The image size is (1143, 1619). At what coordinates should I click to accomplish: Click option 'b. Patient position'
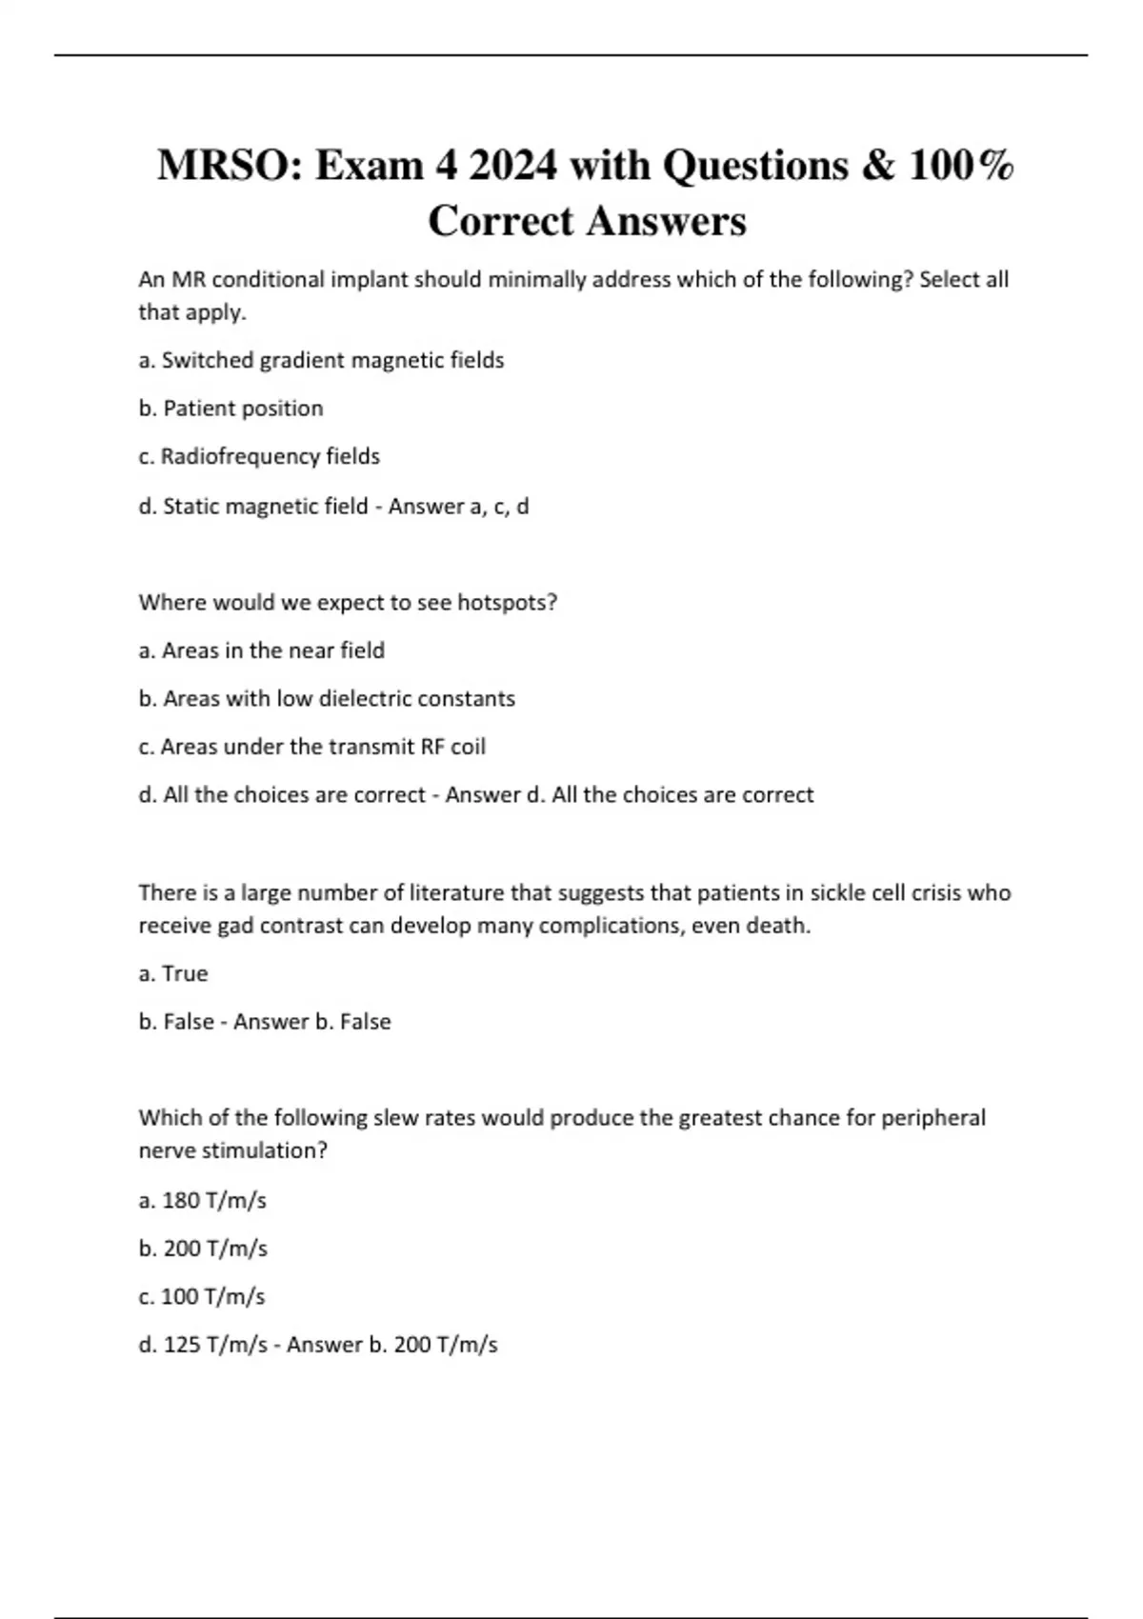pyautogui.click(x=231, y=409)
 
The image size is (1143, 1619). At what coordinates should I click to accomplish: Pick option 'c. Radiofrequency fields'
pyautogui.click(x=259, y=457)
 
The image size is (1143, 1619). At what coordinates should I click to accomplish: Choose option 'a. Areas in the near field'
pyautogui.click(x=262, y=650)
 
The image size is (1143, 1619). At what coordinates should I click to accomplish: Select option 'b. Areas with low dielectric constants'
pyautogui.click(x=327, y=699)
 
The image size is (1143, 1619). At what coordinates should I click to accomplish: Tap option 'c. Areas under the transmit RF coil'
pyautogui.click(x=312, y=747)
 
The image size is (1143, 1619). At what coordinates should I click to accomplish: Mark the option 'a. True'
pyautogui.click(x=173, y=973)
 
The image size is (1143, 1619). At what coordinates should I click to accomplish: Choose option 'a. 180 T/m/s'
pyautogui.click(x=202, y=1200)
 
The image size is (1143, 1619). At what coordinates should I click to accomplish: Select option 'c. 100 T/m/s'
pyautogui.click(x=202, y=1296)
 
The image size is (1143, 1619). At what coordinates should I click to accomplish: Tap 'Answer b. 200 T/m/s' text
pyautogui.click(x=392, y=1345)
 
